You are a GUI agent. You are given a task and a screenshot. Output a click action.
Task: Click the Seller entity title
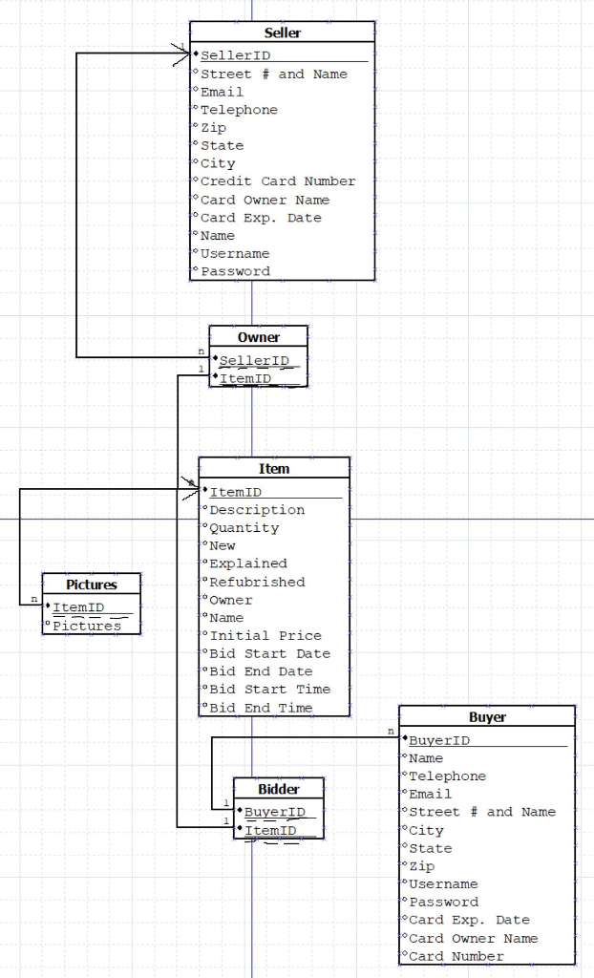pyautogui.click(x=282, y=33)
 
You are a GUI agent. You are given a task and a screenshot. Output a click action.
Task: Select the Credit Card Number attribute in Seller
pyautogui.click(x=278, y=181)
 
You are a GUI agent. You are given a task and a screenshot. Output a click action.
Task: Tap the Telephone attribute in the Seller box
pyautogui.click(x=239, y=110)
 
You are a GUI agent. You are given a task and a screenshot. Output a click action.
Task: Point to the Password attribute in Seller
pyautogui.click(x=235, y=271)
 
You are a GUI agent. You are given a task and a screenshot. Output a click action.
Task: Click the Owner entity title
pyautogui.click(x=259, y=337)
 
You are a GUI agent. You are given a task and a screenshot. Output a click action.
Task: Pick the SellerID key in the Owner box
pyautogui.click(x=254, y=360)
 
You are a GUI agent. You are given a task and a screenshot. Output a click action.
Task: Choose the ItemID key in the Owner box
pyautogui.click(x=245, y=378)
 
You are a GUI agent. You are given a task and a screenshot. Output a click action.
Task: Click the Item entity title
pyautogui.click(x=274, y=469)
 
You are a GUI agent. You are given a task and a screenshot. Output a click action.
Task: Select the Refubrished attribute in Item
pyautogui.click(x=257, y=582)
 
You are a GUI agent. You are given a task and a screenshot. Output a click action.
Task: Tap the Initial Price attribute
pyautogui.click(x=265, y=635)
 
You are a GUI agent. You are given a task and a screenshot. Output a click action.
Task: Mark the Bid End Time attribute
pyautogui.click(x=261, y=708)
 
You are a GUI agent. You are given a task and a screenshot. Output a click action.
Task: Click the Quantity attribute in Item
pyautogui.click(x=244, y=528)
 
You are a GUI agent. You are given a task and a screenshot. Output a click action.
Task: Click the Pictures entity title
pyautogui.click(x=92, y=585)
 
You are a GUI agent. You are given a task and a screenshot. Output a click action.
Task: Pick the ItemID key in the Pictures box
pyautogui.click(x=78, y=607)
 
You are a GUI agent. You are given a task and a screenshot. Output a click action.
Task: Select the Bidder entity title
pyautogui.click(x=279, y=789)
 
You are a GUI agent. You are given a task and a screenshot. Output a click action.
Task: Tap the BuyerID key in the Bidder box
pyautogui.click(x=274, y=812)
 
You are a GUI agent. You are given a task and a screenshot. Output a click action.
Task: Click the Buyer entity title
pyautogui.click(x=487, y=717)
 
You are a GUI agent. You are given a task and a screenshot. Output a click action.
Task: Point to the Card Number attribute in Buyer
pyautogui.click(x=456, y=956)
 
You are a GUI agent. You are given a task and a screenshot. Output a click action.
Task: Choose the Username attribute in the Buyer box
pyautogui.click(x=443, y=884)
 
